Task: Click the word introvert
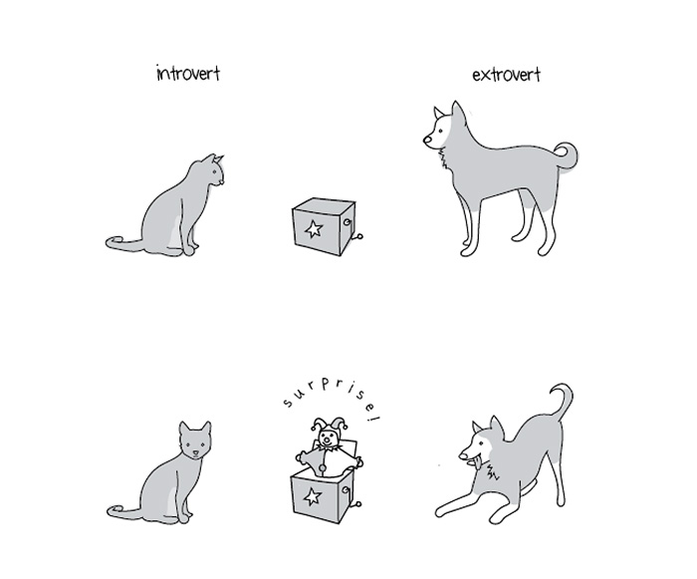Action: [x=188, y=74]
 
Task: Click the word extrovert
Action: [x=506, y=75]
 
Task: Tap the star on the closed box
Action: [x=314, y=230]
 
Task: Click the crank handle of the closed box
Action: [x=358, y=236]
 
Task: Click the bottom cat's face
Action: [x=194, y=443]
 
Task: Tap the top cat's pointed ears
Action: [x=215, y=158]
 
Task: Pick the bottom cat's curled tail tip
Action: [x=113, y=512]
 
